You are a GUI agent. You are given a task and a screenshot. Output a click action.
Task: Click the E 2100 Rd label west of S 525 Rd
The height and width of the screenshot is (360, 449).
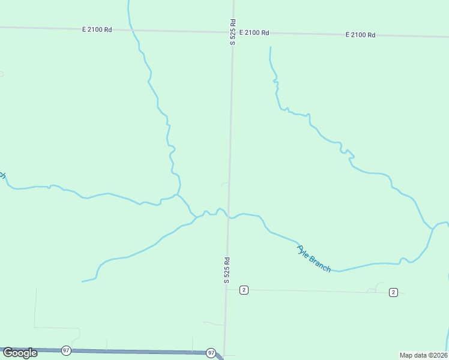(97, 29)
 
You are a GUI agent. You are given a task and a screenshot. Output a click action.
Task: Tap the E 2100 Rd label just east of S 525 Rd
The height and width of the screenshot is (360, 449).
(254, 32)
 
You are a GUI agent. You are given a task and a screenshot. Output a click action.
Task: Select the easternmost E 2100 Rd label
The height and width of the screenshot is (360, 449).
(360, 35)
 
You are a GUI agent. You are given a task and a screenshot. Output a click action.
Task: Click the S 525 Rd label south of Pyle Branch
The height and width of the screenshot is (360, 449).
(227, 270)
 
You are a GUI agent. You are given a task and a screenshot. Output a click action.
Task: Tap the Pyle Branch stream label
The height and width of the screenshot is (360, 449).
(314, 259)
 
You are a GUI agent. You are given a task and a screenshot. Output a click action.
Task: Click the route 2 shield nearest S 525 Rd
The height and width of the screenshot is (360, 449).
(243, 290)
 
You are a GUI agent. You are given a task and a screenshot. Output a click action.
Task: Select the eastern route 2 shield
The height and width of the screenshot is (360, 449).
(393, 292)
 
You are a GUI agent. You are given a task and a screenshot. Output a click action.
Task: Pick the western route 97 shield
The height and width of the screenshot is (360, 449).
(66, 350)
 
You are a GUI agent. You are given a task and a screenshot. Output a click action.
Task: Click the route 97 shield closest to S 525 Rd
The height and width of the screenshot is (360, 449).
(211, 353)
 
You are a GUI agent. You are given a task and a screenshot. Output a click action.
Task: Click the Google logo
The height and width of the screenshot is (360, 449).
(20, 353)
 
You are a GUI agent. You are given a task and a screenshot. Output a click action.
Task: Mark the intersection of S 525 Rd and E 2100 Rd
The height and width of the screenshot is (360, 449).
(233, 31)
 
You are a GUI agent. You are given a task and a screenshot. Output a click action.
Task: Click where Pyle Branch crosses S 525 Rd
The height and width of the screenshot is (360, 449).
(228, 217)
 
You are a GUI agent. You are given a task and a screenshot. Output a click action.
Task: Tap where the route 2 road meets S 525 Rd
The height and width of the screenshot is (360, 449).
(226, 289)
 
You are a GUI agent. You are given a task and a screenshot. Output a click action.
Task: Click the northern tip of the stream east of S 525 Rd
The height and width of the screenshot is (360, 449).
(270, 47)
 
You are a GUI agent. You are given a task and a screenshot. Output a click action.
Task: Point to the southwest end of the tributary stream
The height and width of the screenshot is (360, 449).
(83, 281)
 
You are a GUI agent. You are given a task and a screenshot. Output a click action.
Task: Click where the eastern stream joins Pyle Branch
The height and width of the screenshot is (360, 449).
(432, 229)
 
